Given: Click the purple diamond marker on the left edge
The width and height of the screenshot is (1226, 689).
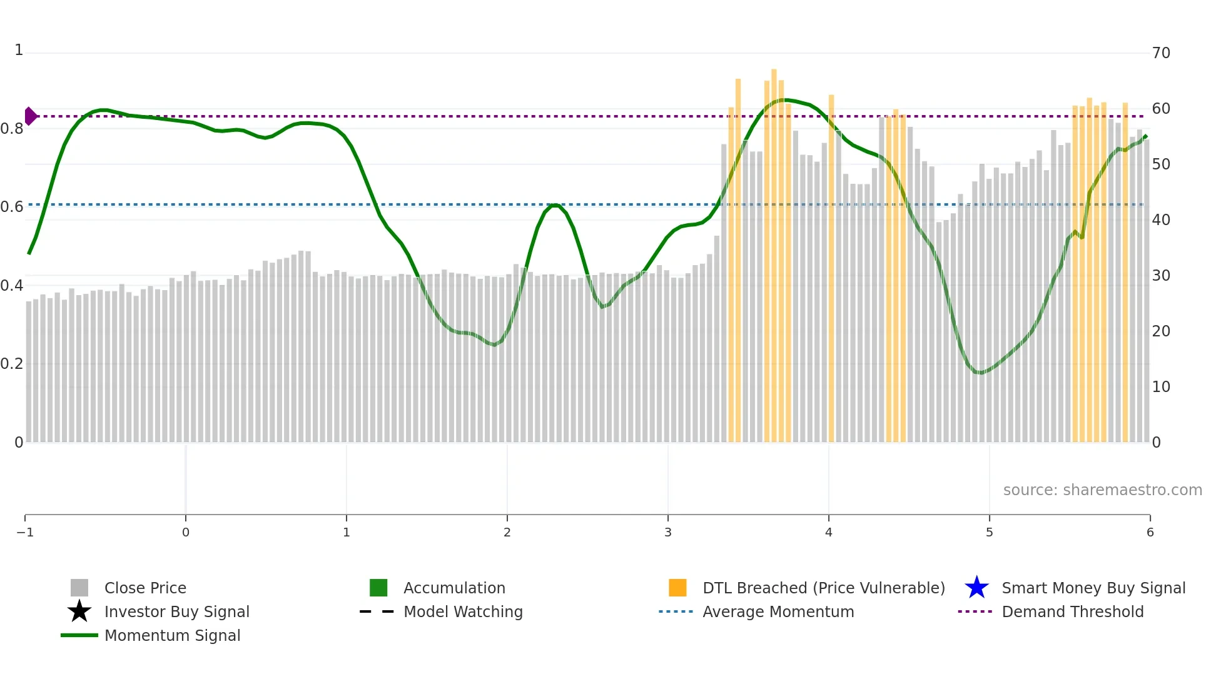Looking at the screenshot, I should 30,116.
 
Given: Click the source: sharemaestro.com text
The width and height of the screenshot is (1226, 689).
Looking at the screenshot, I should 1102,490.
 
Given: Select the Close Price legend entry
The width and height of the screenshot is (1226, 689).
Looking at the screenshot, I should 145,588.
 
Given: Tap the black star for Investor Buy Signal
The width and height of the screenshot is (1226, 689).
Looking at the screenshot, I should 79,611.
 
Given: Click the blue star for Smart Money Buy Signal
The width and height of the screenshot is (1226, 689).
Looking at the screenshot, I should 976,588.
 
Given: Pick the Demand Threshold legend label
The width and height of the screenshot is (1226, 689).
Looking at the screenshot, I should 1072,612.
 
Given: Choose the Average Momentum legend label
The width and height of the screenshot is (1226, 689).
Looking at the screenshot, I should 778,612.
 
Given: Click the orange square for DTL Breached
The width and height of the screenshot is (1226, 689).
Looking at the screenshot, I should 677,588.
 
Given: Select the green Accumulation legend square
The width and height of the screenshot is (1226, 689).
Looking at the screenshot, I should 378,588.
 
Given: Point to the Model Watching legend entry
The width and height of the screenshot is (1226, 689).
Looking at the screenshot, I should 463,612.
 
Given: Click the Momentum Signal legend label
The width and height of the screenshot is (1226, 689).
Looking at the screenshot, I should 172,636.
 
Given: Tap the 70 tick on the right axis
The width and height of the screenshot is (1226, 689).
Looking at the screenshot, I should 1161,53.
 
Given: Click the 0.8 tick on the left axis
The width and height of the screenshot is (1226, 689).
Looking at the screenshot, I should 12,129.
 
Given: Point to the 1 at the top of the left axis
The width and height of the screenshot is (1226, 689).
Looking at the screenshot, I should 19,50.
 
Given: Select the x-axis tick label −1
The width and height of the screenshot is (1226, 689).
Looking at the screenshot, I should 25,533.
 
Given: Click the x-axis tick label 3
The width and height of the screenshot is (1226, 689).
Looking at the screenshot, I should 668,533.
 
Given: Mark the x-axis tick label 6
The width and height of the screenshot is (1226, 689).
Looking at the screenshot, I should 1150,533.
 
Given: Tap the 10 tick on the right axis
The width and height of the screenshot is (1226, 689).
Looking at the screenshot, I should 1161,387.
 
